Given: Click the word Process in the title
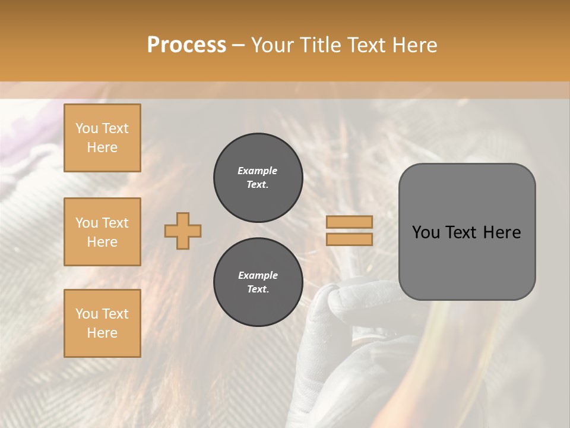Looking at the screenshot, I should click(x=186, y=45).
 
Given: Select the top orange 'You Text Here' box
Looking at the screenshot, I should click(x=102, y=138).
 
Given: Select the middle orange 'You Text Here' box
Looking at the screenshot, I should click(x=102, y=232).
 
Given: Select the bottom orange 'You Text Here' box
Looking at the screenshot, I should click(x=102, y=323).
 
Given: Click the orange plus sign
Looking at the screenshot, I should click(x=183, y=231).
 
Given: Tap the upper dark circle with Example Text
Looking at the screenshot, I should click(x=258, y=178).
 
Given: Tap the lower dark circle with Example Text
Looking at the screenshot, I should click(x=258, y=282).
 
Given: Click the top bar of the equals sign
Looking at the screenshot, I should click(x=349, y=222).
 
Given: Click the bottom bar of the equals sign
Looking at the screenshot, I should click(x=349, y=239).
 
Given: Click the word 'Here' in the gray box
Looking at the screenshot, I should click(x=502, y=232).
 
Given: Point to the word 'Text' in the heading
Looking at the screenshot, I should click(x=368, y=45).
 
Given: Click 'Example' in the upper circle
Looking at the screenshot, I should click(x=258, y=171).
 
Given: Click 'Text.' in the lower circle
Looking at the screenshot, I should click(x=258, y=289).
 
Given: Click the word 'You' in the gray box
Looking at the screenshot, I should click(x=426, y=232).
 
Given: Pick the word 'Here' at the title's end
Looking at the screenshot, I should click(x=416, y=45).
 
